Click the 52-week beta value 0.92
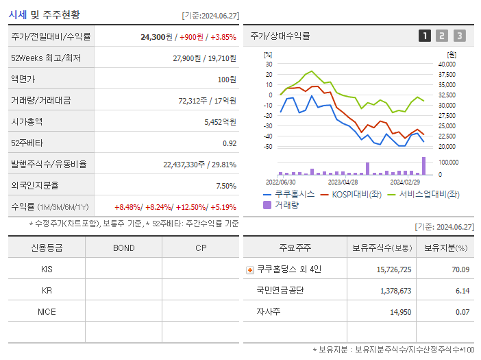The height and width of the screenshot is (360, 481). (x=230, y=143)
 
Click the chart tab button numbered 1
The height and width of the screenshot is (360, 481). (x=425, y=36)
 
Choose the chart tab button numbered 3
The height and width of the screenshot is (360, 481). (x=459, y=36)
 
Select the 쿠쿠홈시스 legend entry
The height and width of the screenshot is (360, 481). (x=288, y=194)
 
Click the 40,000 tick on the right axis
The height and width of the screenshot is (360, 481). (x=446, y=64)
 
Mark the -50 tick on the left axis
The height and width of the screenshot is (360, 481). (x=269, y=146)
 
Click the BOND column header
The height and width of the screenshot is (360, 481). (x=123, y=248)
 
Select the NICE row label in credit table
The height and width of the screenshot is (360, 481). (x=47, y=311)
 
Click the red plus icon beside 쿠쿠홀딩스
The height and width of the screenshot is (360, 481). (x=250, y=269)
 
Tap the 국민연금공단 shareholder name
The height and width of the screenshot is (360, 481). (x=280, y=291)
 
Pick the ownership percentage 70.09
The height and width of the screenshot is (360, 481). (x=460, y=269)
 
